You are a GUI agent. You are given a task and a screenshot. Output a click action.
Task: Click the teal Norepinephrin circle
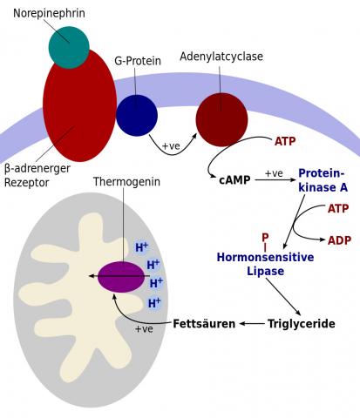(x=69, y=47)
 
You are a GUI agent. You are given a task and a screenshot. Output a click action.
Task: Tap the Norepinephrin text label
(x=49, y=13)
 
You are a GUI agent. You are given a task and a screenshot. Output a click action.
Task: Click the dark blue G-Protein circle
(x=137, y=115)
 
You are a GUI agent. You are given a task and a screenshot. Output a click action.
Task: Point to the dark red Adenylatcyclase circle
(x=221, y=119)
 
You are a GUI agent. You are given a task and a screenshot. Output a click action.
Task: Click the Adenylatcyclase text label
(x=221, y=57)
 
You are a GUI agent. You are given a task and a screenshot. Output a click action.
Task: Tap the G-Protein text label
(x=138, y=61)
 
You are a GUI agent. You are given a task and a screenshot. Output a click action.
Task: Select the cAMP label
(x=234, y=180)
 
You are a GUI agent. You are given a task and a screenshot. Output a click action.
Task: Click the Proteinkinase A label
(x=323, y=180)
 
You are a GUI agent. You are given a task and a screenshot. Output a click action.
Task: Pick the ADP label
(x=339, y=240)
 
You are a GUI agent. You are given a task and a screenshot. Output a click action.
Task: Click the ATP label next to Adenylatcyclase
(x=285, y=141)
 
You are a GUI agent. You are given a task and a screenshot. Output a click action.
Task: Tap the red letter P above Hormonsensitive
(x=265, y=238)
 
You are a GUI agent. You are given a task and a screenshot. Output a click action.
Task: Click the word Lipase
(x=265, y=271)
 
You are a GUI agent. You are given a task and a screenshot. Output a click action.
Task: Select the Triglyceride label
(x=302, y=323)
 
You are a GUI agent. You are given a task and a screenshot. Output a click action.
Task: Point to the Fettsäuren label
(x=204, y=323)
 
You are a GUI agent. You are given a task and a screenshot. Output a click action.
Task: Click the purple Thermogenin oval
(x=121, y=277)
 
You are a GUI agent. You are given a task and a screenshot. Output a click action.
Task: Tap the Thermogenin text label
(x=126, y=182)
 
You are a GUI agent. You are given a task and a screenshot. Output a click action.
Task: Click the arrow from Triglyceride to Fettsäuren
(x=252, y=323)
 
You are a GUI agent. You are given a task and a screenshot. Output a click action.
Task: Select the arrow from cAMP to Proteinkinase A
(x=275, y=180)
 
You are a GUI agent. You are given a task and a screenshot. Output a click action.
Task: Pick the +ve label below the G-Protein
(x=171, y=145)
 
